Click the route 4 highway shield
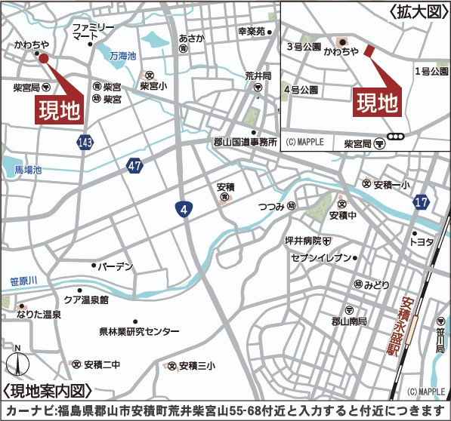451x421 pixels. coord(182,208)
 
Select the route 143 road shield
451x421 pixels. coord(85,142)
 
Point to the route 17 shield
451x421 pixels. coord(421,202)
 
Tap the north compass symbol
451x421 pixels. coord(18,365)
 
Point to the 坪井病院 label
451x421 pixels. coord(302,241)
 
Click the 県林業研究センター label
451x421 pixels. coord(139,332)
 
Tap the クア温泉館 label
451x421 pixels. coord(86,300)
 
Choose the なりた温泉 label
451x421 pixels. coord(39,314)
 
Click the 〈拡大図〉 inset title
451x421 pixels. coord(418,12)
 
